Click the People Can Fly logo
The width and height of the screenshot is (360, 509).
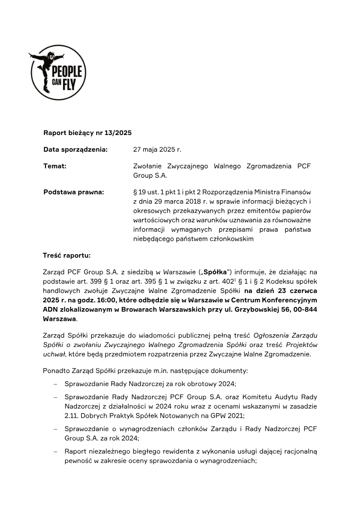point(58,72)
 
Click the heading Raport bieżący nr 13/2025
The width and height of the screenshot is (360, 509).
point(87,133)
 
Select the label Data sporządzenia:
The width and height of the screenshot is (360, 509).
point(75,149)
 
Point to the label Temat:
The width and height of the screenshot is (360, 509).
point(55,166)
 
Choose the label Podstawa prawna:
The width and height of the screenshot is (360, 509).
point(73,192)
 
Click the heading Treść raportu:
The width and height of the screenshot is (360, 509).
point(67,256)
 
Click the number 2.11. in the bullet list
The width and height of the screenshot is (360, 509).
point(73,415)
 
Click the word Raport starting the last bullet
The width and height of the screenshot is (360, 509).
point(75,450)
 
